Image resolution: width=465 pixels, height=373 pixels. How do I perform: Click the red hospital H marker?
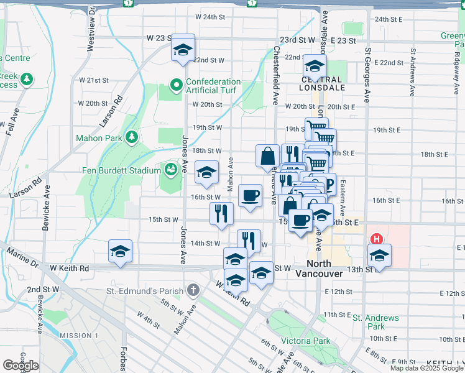(376, 239)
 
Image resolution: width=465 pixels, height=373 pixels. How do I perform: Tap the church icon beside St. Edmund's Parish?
(193, 290)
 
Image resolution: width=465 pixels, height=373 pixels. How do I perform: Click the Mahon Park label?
(99, 137)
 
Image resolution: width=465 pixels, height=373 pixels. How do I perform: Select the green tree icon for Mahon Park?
(131, 137)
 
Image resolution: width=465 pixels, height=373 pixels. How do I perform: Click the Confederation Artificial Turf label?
(213, 86)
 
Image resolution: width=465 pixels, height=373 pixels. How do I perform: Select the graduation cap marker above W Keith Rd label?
(121, 252)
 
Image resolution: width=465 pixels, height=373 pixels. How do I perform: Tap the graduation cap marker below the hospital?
(379, 256)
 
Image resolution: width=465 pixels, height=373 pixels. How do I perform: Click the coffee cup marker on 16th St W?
(250, 196)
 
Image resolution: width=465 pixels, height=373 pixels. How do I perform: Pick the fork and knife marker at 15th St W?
(221, 214)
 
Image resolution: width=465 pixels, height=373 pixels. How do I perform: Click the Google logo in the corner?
(21, 366)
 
